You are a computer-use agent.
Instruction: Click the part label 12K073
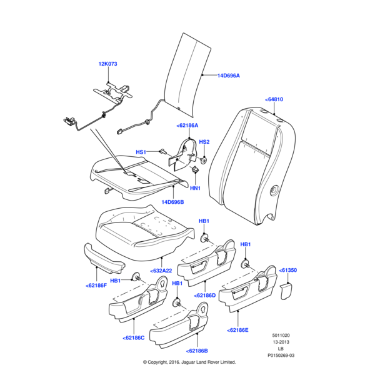click(x=108, y=64)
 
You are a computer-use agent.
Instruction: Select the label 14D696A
click(x=229, y=76)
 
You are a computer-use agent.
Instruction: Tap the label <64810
click(x=274, y=99)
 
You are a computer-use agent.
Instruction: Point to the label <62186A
click(x=187, y=126)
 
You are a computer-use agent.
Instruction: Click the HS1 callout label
click(x=141, y=152)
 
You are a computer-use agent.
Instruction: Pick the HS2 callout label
click(x=204, y=142)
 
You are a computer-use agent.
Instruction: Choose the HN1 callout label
click(x=195, y=188)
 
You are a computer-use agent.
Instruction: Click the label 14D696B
click(x=172, y=202)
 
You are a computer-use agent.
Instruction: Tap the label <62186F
click(x=96, y=286)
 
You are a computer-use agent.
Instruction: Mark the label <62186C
click(x=134, y=338)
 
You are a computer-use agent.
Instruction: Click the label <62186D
click(x=205, y=295)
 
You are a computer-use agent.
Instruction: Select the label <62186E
click(x=238, y=329)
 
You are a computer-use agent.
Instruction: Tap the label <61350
click(x=287, y=270)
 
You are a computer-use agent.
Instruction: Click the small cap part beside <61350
click(x=287, y=289)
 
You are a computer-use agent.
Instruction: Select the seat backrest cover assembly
click(x=250, y=162)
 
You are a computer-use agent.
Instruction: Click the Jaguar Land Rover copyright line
click(x=189, y=362)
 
